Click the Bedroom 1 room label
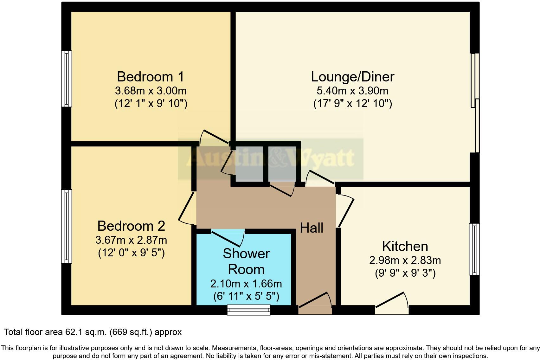tap(150, 77)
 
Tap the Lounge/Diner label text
tap(352, 77)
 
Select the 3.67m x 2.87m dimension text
tap(131, 240)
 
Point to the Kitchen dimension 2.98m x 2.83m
tap(405, 260)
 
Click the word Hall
tap(312, 228)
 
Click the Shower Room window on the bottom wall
tap(249, 310)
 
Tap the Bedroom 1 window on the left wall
tap(66, 79)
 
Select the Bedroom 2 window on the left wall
tap(66, 226)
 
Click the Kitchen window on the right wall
tap(474, 249)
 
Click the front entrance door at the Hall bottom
tap(315, 301)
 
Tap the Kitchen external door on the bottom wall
tap(392, 301)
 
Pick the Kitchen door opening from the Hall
tap(345, 211)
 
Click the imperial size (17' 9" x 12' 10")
tap(352, 104)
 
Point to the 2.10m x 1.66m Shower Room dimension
tap(246, 283)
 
